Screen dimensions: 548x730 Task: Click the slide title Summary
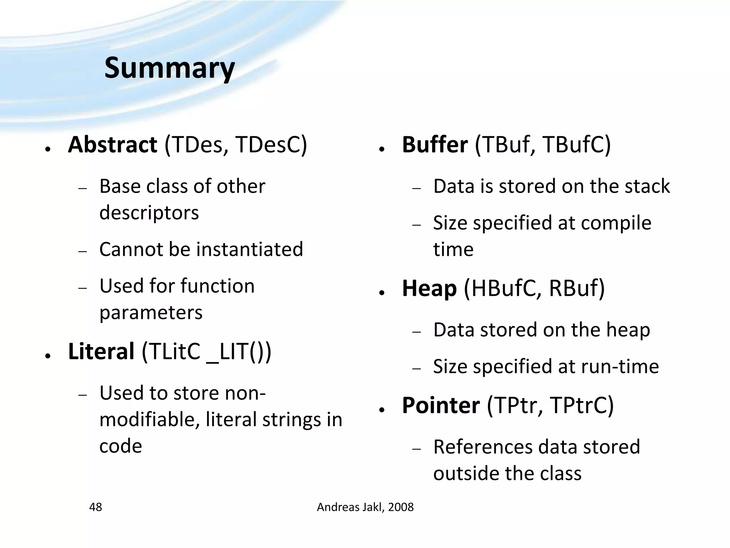point(169,68)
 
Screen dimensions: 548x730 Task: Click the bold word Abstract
point(112,145)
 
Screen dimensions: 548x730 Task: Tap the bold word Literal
point(101,351)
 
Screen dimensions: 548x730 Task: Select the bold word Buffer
point(435,145)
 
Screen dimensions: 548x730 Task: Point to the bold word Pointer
point(441,406)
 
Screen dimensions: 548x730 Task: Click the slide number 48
point(96,507)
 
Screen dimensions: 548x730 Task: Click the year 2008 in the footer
point(401,507)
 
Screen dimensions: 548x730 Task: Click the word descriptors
point(149,213)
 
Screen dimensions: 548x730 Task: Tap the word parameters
point(151,313)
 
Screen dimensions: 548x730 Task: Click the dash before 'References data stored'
point(416,449)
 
